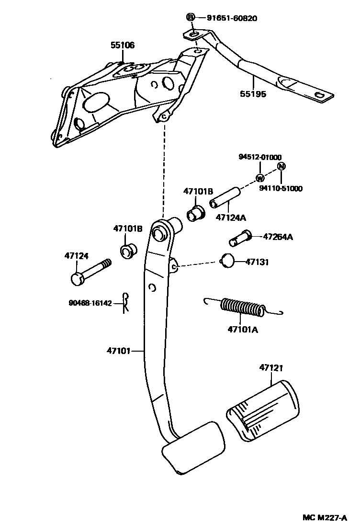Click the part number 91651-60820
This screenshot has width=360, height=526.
click(232, 19)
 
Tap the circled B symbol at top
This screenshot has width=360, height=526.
click(190, 18)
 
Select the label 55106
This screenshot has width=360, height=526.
click(123, 46)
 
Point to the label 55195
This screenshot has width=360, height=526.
click(253, 94)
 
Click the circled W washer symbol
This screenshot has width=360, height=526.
click(260, 178)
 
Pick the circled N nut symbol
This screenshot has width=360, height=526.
click(281, 166)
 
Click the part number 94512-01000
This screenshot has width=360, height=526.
click(260, 157)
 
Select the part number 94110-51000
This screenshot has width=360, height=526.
click(281, 189)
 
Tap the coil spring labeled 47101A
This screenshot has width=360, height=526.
click(242, 308)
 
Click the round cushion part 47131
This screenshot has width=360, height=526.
click(228, 262)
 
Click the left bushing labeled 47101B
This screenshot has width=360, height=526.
click(128, 250)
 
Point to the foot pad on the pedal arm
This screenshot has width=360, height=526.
click(193, 448)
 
